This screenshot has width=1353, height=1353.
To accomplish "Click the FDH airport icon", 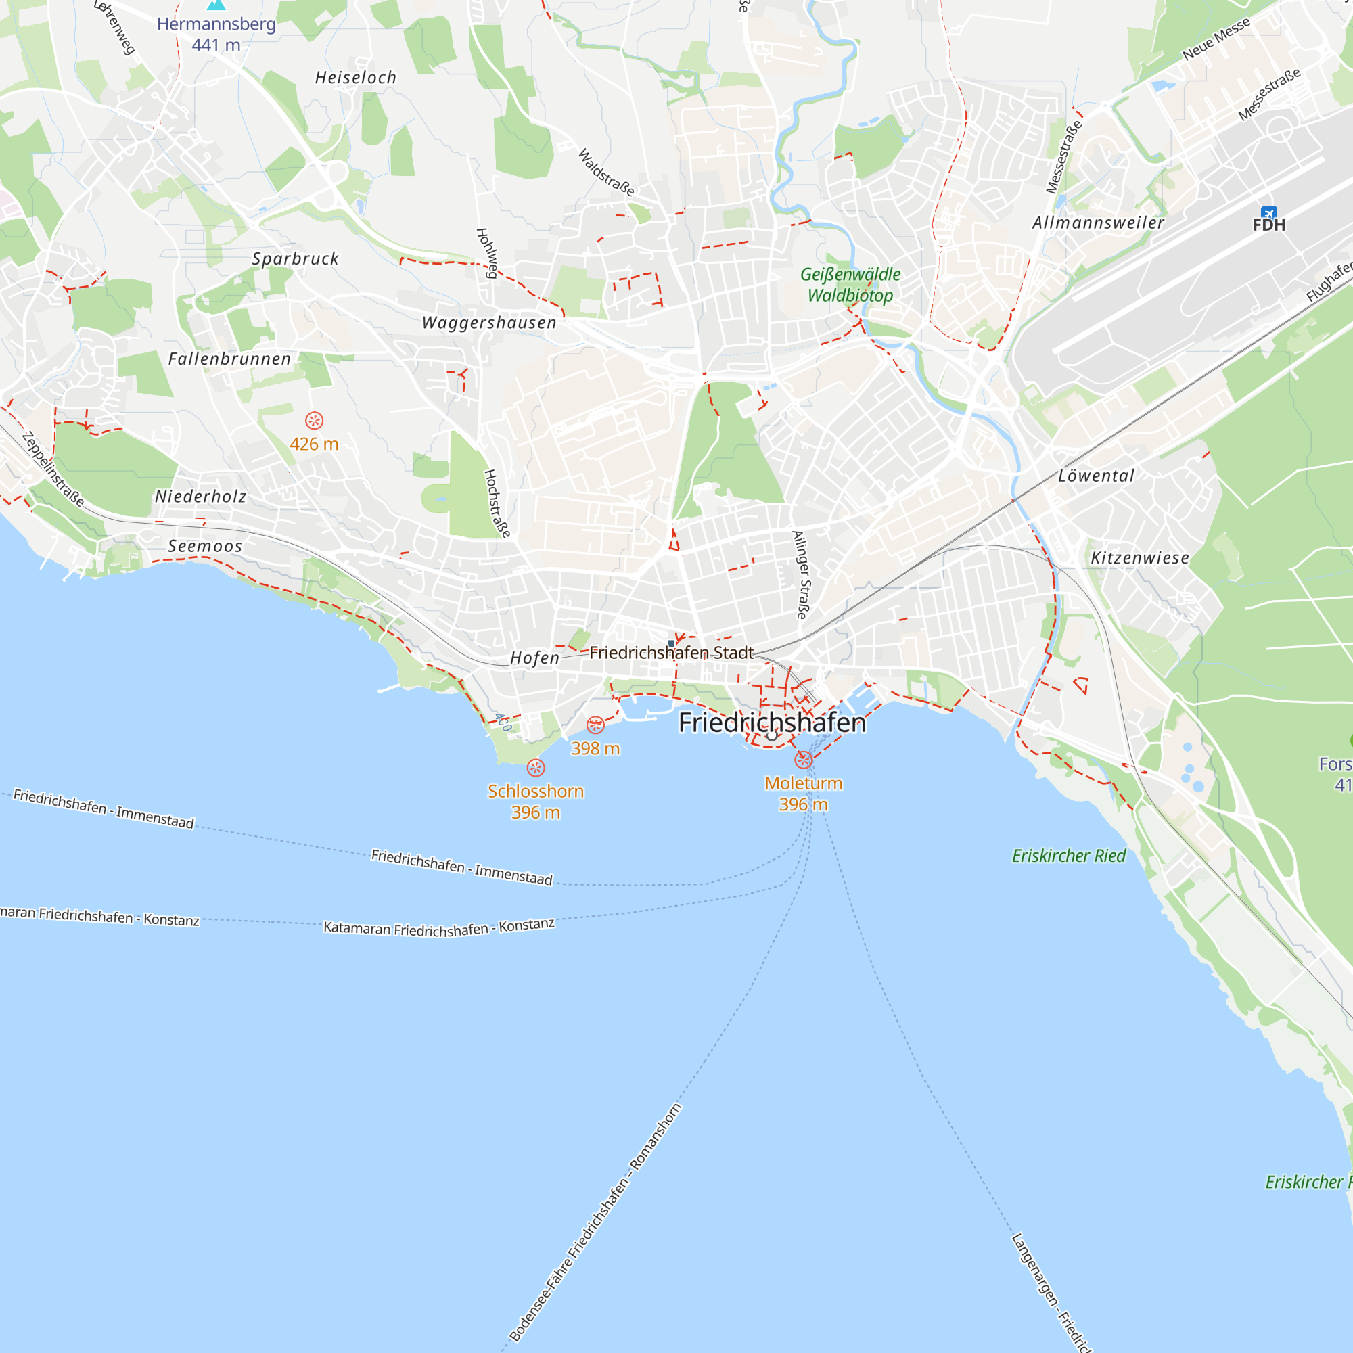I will [x=1268, y=213].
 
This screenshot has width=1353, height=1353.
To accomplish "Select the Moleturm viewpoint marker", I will [x=803, y=759].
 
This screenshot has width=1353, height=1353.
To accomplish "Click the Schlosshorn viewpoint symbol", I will [x=536, y=769].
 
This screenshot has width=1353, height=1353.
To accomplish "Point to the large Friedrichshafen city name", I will [x=772, y=723].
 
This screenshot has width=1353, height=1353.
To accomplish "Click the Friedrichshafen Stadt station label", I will [x=671, y=653].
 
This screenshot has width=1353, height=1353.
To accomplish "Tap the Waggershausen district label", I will [x=489, y=323].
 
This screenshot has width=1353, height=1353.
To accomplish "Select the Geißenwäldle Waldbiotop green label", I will [x=850, y=284].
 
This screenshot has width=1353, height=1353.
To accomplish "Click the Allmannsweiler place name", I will [x=1097, y=223].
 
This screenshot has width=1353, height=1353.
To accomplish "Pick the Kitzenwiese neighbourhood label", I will [x=1139, y=558].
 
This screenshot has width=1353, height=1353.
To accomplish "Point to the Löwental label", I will [x=1095, y=476].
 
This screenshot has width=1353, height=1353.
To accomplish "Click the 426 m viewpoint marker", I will [x=314, y=420].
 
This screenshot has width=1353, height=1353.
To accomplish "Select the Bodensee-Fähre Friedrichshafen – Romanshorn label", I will [x=595, y=1222].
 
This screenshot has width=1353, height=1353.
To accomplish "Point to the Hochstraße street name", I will [x=497, y=503].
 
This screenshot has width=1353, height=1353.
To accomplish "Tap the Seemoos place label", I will [x=204, y=545].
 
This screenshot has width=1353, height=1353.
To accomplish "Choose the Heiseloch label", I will [x=356, y=78].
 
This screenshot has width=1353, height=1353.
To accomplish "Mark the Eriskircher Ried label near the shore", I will [x=1068, y=856].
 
